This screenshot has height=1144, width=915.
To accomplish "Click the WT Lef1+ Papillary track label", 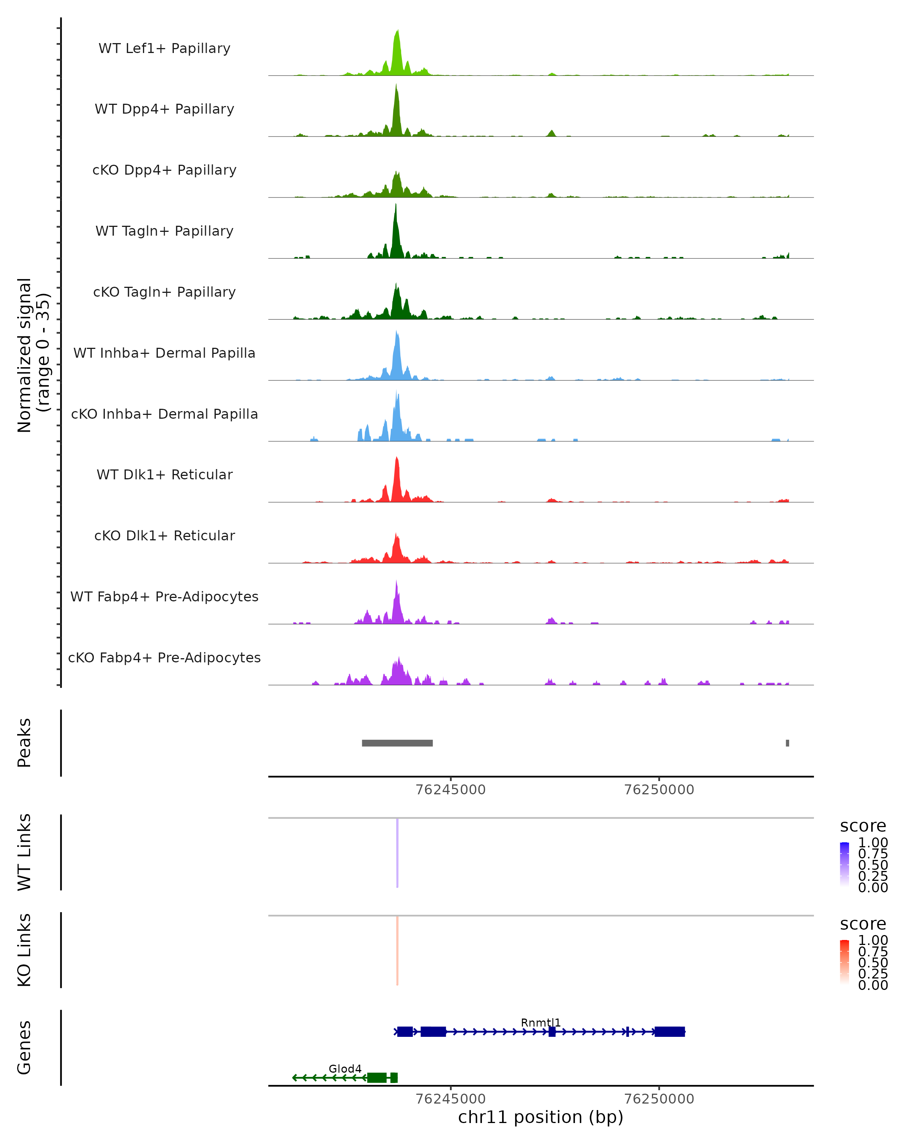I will (x=164, y=48).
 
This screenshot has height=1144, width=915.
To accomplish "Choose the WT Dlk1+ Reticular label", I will (x=164, y=474).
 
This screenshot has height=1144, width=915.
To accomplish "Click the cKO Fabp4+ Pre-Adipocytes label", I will (x=164, y=657).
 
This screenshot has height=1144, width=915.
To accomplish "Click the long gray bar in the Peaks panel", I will (x=397, y=743).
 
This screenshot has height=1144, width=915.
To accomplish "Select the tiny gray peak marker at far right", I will (x=787, y=743).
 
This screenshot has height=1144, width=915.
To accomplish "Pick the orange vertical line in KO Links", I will (x=397, y=950).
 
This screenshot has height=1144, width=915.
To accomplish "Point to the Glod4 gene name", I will (x=345, y=1068).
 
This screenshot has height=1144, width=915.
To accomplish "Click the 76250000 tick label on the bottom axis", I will (x=659, y=1099).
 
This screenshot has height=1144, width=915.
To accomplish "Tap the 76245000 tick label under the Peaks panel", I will (x=450, y=790).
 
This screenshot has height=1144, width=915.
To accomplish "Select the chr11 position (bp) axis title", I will (x=541, y=1117).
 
